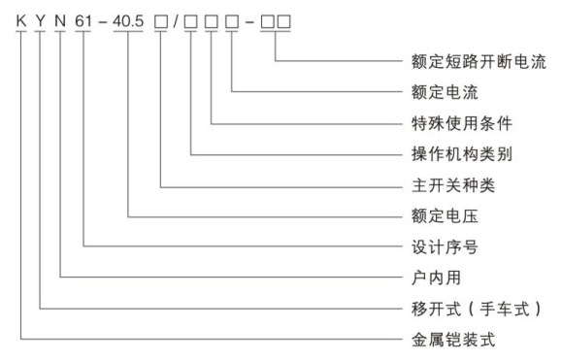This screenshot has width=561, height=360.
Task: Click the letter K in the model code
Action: click(x=21, y=21)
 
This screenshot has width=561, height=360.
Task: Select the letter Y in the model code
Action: click(x=41, y=21)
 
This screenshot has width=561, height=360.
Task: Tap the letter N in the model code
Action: click(x=60, y=21)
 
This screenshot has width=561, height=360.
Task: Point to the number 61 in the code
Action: click(x=83, y=21)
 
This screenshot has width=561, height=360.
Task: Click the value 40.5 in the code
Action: click(x=128, y=21)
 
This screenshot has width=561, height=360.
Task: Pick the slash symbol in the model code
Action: click(x=176, y=21)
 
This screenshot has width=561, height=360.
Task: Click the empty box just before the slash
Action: click(x=161, y=22)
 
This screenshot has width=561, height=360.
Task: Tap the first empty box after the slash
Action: click(x=190, y=22)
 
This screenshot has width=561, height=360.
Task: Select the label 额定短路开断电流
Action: click(x=478, y=61)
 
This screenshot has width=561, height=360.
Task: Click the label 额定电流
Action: click(x=445, y=92)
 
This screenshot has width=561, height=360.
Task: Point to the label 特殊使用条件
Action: click(x=462, y=123)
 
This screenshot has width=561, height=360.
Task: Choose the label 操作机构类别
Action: click(x=462, y=154)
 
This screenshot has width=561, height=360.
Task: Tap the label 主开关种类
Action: click(x=453, y=185)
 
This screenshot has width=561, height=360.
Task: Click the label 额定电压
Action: click(x=445, y=216)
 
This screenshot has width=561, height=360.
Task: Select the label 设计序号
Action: click(x=445, y=247)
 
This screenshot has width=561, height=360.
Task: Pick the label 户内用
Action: click(x=436, y=278)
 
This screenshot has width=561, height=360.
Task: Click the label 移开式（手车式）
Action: click(x=477, y=309)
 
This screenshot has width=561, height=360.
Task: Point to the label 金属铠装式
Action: click(x=453, y=340)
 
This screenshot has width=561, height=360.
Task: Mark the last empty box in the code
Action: click(x=283, y=22)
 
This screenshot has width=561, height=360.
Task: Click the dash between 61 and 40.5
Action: click(x=103, y=22)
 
